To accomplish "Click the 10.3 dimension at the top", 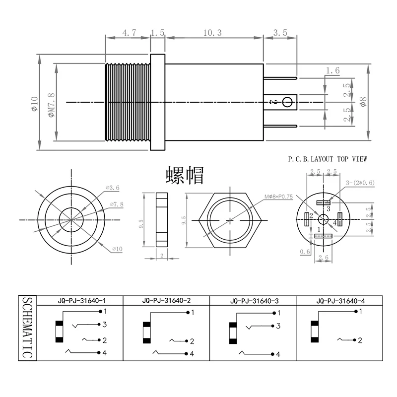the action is pyautogui.click(x=213, y=32).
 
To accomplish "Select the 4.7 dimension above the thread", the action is pyautogui.click(x=129, y=33).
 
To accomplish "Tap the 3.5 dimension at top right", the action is pyautogui.click(x=280, y=33).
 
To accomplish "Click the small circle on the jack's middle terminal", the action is pyautogui.click(x=287, y=103).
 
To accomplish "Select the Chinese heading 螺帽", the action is pyautogui.click(x=185, y=175).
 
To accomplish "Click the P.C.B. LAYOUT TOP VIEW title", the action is pyautogui.click(x=328, y=159).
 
